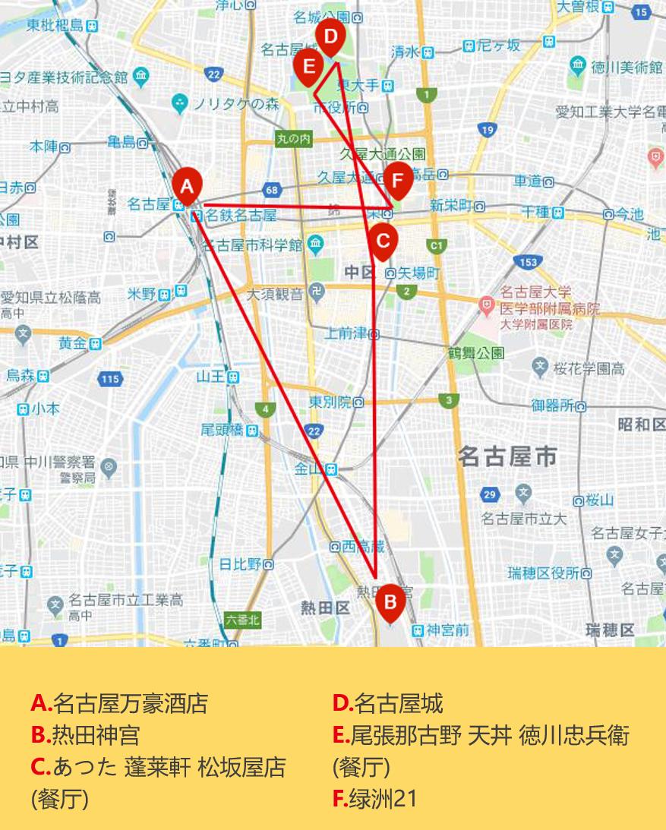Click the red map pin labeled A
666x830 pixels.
187,185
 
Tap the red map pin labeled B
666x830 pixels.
390,602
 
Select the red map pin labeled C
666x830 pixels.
383,241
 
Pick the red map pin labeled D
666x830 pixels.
330,37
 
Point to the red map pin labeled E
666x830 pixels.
308,65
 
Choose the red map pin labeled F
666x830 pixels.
397,181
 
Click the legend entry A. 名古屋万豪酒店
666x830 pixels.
119,703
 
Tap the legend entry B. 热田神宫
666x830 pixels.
85,735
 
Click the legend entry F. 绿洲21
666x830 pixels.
375,799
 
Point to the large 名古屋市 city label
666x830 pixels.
507,456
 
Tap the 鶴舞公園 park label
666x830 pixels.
475,352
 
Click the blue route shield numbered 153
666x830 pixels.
528,262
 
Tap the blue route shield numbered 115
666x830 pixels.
110,378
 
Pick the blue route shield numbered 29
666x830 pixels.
490,495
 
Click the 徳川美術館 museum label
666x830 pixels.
627,67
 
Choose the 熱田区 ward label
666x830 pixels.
324,608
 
